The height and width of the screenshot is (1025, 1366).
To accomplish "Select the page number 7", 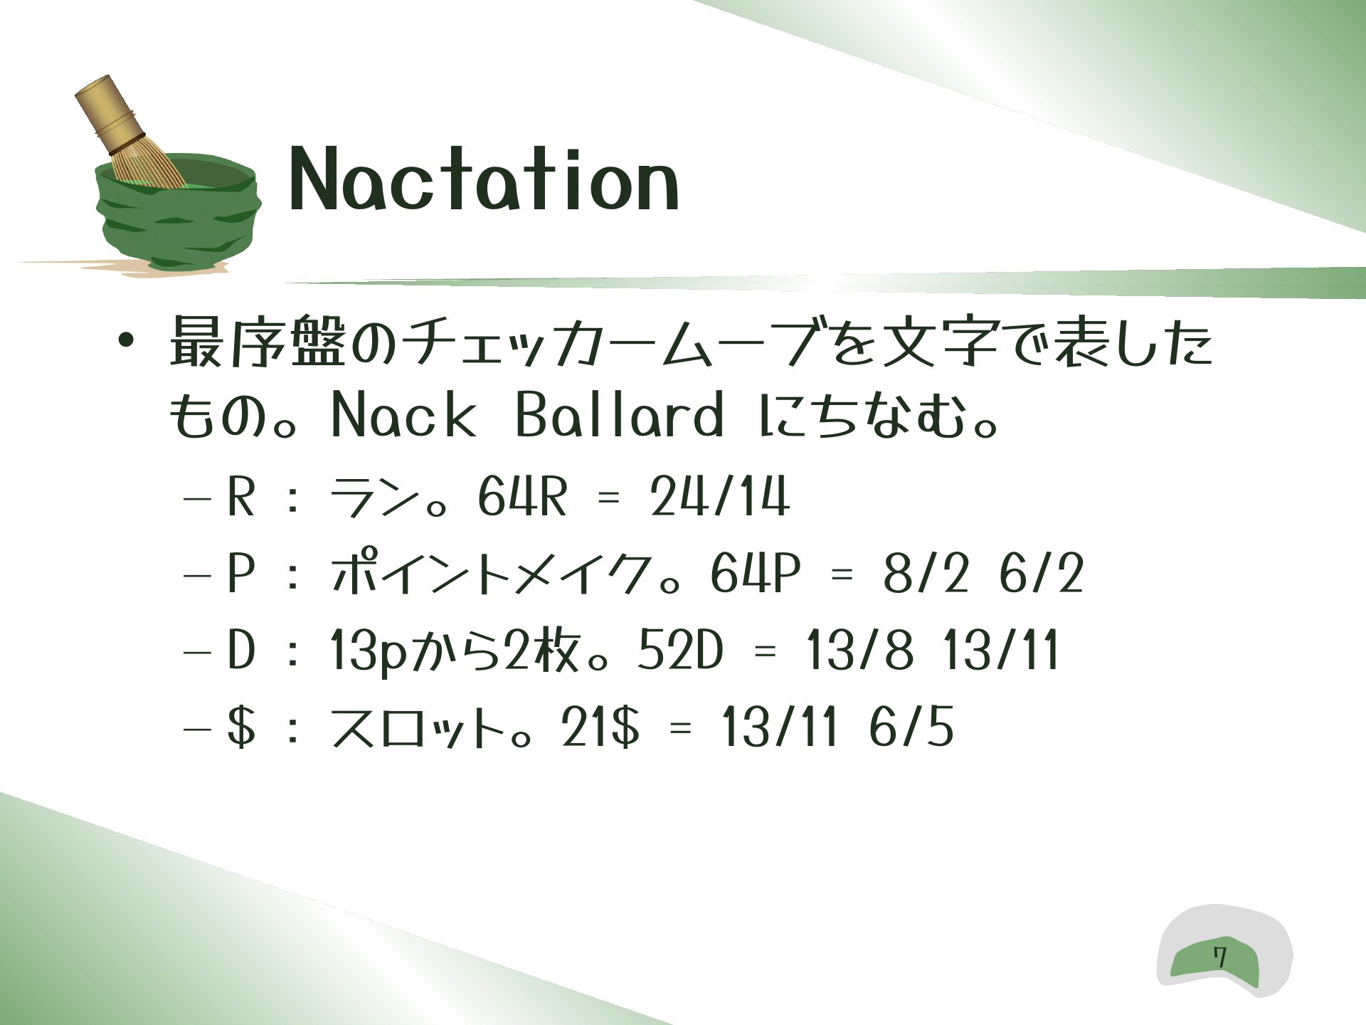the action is (1220, 957).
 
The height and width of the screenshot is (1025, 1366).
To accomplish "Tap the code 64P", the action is (755, 574).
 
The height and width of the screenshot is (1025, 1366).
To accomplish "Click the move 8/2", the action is (926, 574).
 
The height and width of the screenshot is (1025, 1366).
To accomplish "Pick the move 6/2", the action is (1041, 574).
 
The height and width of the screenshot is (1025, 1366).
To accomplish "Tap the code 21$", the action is (600, 727).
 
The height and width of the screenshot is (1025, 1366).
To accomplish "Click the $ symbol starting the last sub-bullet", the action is (241, 727).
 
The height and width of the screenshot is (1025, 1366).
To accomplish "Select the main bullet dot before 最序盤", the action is (126, 340).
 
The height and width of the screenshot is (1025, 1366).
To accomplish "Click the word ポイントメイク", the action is (491, 574).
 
